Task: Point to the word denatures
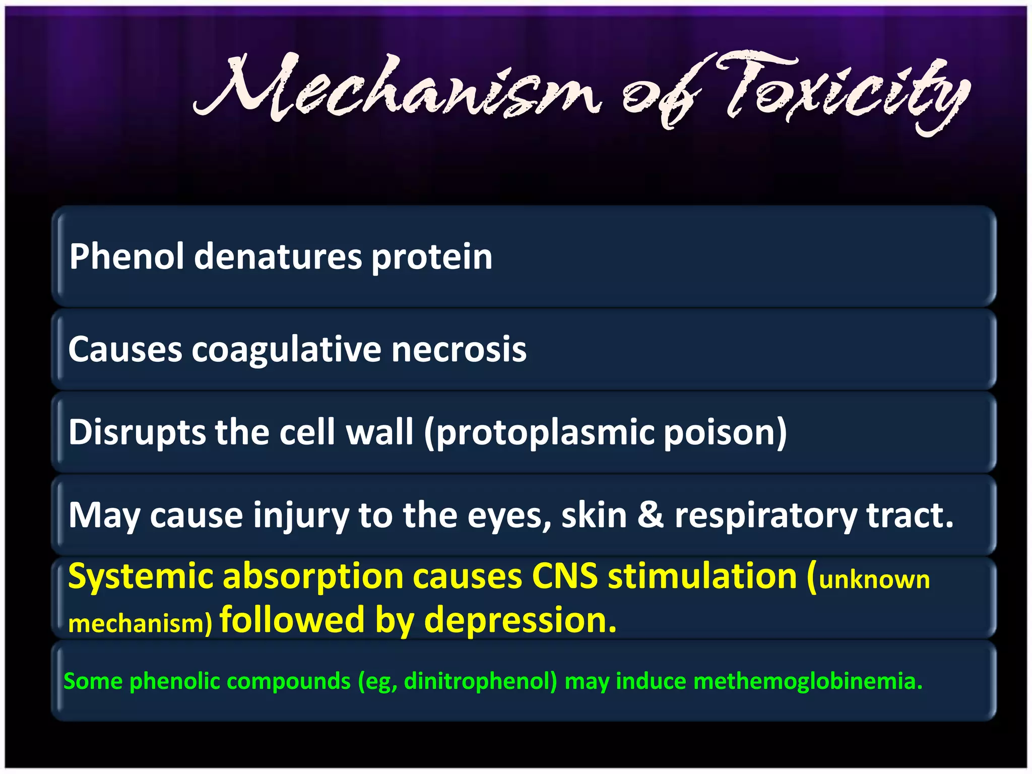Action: coord(278,256)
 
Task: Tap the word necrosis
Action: coord(459,349)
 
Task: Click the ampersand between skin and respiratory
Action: coord(650,515)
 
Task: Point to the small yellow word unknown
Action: coord(874,580)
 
